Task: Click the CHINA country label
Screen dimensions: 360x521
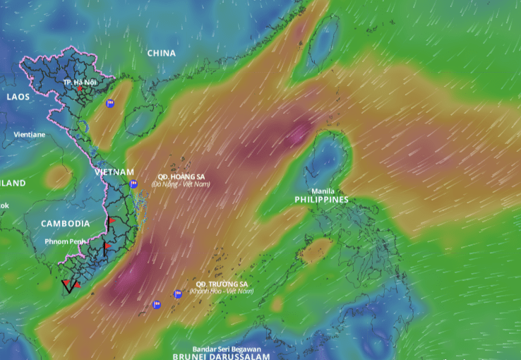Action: pyautogui.click(x=162, y=53)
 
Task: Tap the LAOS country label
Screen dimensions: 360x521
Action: pyautogui.click(x=18, y=97)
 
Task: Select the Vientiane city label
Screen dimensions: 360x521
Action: pyautogui.click(x=29, y=134)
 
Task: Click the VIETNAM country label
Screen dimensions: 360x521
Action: pyautogui.click(x=114, y=172)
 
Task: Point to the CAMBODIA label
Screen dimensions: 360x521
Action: pyautogui.click(x=65, y=224)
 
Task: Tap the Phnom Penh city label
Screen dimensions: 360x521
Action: pyautogui.click(x=65, y=241)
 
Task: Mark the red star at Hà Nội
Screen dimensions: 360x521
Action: pyautogui.click(x=80, y=90)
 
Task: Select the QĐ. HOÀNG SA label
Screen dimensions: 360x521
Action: pyautogui.click(x=181, y=176)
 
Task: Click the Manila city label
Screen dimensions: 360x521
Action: pyautogui.click(x=323, y=191)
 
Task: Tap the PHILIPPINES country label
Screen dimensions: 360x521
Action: pyautogui.click(x=321, y=200)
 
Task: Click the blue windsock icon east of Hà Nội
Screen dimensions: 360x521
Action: pyautogui.click(x=110, y=104)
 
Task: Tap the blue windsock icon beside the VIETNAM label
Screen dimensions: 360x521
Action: pyautogui.click(x=133, y=184)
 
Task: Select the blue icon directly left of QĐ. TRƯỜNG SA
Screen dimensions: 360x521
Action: pyautogui.click(x=178, y=294)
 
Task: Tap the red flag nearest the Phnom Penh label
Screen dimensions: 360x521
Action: pyautogui.click(x=106, y=248)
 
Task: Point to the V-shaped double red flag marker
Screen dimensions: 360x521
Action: pyautogui.click(x=68, y=286)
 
